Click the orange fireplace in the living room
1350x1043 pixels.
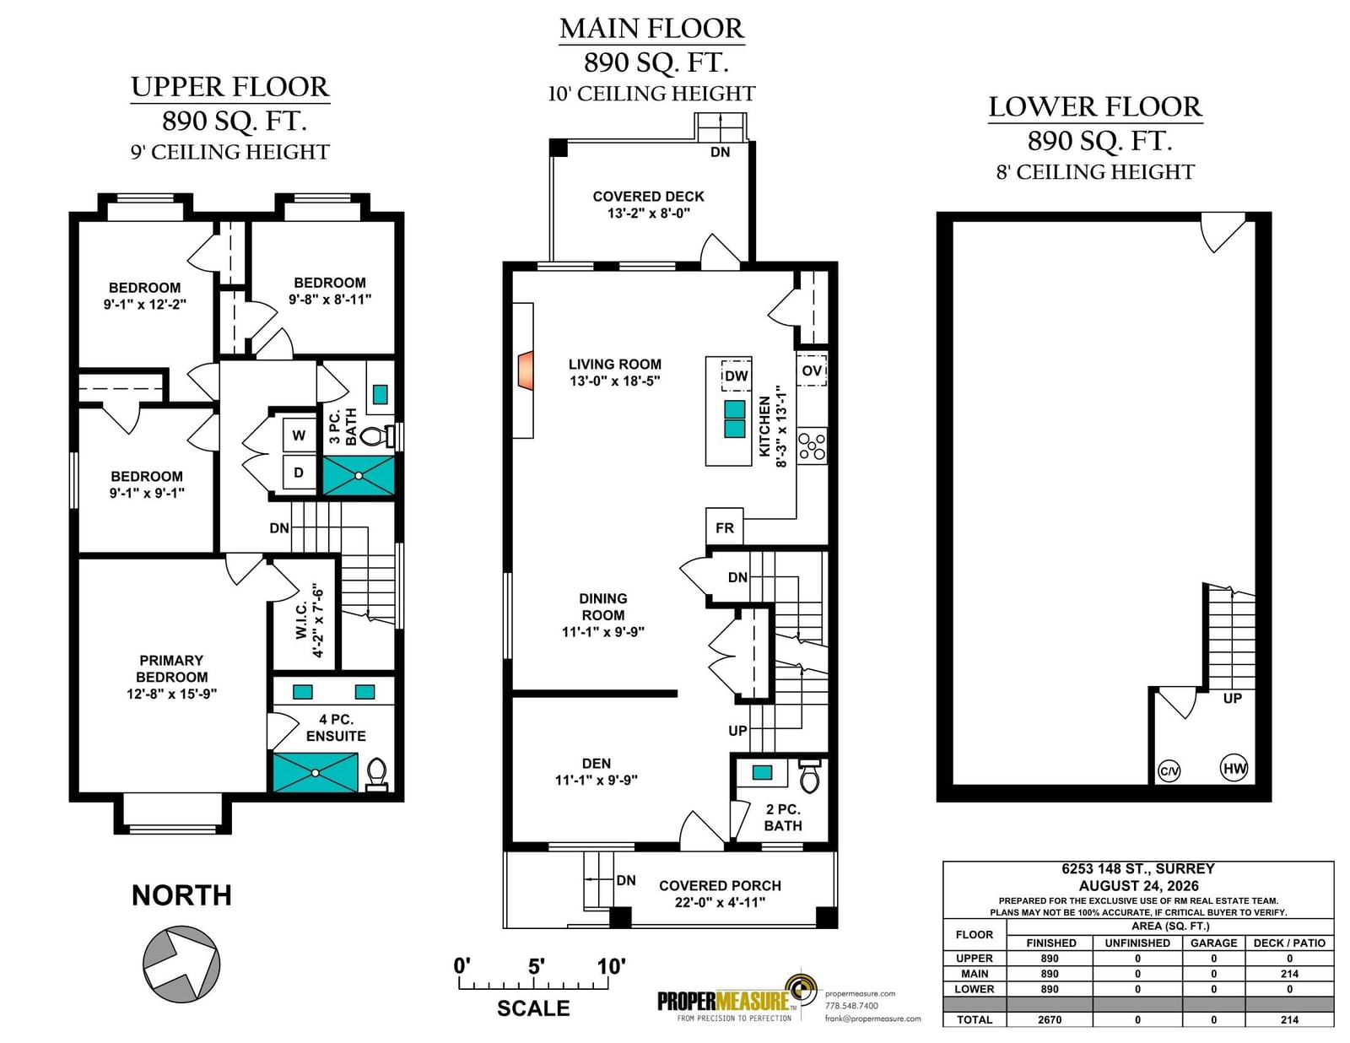point(526,370)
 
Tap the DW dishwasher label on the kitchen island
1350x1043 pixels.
point(737,376)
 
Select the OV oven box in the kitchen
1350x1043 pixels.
point(812,370)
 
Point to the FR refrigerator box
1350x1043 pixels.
point(725,527)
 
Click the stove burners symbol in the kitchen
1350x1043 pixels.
point(812,446)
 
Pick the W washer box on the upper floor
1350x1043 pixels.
point(299,435)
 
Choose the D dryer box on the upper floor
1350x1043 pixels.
point(299,473)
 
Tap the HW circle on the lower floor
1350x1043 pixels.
point(1234,769)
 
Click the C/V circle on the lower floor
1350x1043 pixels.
point(1169,771)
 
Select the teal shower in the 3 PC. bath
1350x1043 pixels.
point(359,475)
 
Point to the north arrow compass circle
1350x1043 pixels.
point(181,965)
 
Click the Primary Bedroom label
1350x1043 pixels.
point(171,668)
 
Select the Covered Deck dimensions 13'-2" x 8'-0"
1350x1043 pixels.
point(649,213)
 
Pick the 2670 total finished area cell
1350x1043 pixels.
point(1050,1019)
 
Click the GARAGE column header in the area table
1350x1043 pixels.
point(1213,943)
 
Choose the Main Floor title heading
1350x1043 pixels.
point(651,29)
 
